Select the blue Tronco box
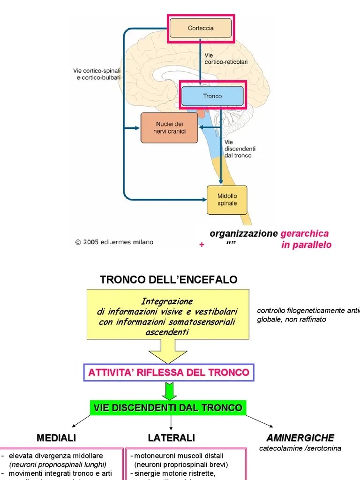coord(212,96)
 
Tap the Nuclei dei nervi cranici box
coord(169,128)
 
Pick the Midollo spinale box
coord(227,200)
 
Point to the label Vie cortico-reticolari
coord(226,59)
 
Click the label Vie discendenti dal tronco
coord(238,149)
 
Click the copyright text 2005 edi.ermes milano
coord(114,242)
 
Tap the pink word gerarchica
coord(304,233)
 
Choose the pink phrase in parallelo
coord(306,245)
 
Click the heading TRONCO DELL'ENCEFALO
coord(169,280)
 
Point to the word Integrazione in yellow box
coord(167,301)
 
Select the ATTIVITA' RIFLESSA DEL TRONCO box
coord(169,373)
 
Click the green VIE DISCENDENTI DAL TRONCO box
coord(168,408)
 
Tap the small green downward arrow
coord(169,391)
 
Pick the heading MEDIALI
coord(56,438)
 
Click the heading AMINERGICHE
coord(300,438)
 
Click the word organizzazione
coord(244,233)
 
